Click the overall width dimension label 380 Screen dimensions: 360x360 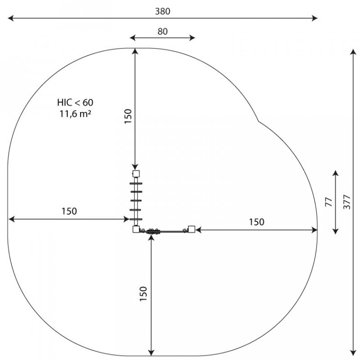tap(163, 11)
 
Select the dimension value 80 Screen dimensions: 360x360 tap(163, 31)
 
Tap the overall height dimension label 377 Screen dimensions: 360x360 tap(347, 202)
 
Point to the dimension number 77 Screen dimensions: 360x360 tap(329, 202)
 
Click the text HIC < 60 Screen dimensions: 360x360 tap(75, 102)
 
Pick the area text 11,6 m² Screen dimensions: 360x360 tap(75, 113)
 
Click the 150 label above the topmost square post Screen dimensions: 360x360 tap(128, 116)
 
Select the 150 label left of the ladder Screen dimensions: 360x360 tap(69, 211)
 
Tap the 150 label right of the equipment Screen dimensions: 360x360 tap(257, 222)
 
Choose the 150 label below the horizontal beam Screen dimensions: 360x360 tap(143, 294)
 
